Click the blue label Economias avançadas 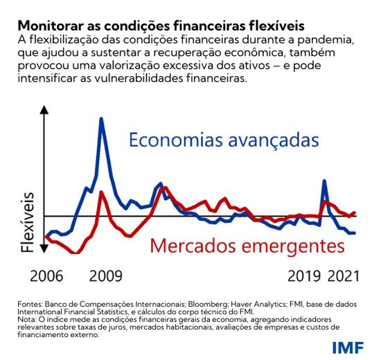point(223,141)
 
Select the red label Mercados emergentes point(247,246)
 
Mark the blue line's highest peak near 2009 point(102,118)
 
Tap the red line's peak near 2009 point(103,192)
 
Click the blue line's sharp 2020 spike point(324,181)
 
